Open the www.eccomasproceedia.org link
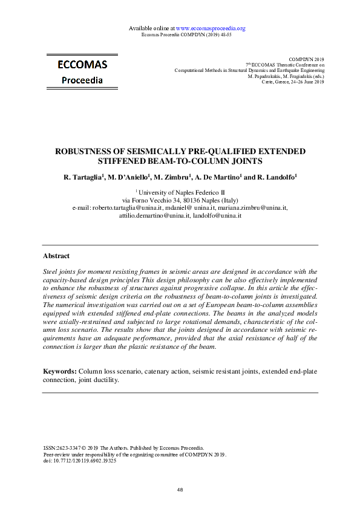coord(211,28)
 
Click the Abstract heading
coord(56,256)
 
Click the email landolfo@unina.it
coord(218,215)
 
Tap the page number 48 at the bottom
coord(180,490)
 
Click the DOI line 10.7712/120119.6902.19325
coord(85,460)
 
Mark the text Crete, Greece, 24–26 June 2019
coord(293,82)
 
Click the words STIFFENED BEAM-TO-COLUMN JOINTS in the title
coord(180,161)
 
